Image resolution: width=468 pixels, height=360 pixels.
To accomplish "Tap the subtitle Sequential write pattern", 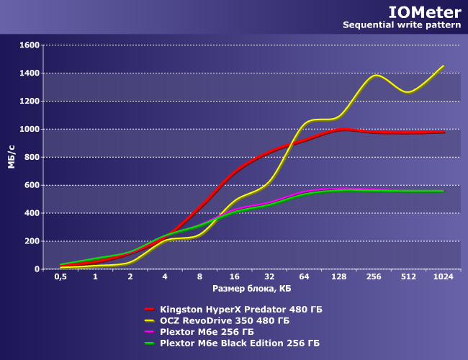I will point(401,25).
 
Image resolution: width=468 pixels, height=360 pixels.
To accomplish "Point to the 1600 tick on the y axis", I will point(29,45).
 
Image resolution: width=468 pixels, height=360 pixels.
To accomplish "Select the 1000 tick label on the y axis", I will point(29,130).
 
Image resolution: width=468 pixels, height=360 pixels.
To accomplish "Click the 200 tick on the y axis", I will point(31,241).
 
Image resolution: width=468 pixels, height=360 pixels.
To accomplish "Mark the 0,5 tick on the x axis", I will point(61,277).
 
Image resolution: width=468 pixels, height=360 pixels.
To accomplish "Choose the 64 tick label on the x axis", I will point(304,277).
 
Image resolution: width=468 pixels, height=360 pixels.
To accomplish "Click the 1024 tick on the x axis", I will point(443,277).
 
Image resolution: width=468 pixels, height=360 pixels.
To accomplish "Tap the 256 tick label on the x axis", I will point(373,277).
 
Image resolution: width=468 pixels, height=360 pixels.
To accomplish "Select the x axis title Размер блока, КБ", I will point(251,289).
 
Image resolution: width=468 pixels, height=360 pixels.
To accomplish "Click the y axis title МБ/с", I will point(12,157).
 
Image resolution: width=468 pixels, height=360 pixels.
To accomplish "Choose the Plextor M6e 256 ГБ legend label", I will point(207,332).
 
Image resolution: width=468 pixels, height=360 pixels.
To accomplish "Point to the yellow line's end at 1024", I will point(443,66).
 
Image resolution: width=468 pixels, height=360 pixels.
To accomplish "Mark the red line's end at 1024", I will point(444,132).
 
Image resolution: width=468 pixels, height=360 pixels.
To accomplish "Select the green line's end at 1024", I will point(444,191).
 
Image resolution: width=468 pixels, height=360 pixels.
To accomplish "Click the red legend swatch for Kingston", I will point(150,309).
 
